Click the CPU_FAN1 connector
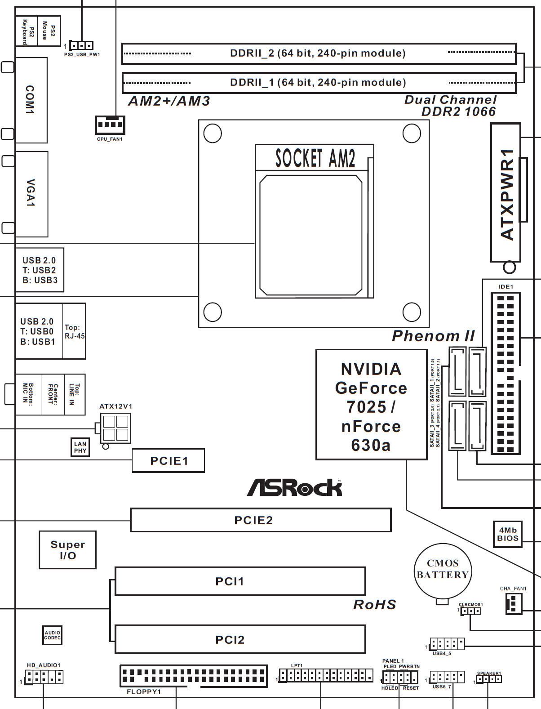(110, 125)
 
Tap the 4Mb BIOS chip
(508, 534)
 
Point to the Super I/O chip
(68, 550)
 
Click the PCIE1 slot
(169, 461)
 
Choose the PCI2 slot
(240, 640)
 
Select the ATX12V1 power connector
(115, 428)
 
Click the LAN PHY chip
(80, 447)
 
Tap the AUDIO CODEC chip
(52, 635)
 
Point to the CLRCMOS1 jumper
(471, 611)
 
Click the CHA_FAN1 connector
(514, 604)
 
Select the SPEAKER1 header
(489, 679)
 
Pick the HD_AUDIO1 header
(44, 677)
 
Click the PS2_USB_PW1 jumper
(81, 45)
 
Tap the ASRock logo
(294, 488)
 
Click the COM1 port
(31, 100)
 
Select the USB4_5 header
(447, 644)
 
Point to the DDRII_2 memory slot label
(318, 53)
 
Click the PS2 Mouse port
(49, 31)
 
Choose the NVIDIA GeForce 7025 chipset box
(372, 405)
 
